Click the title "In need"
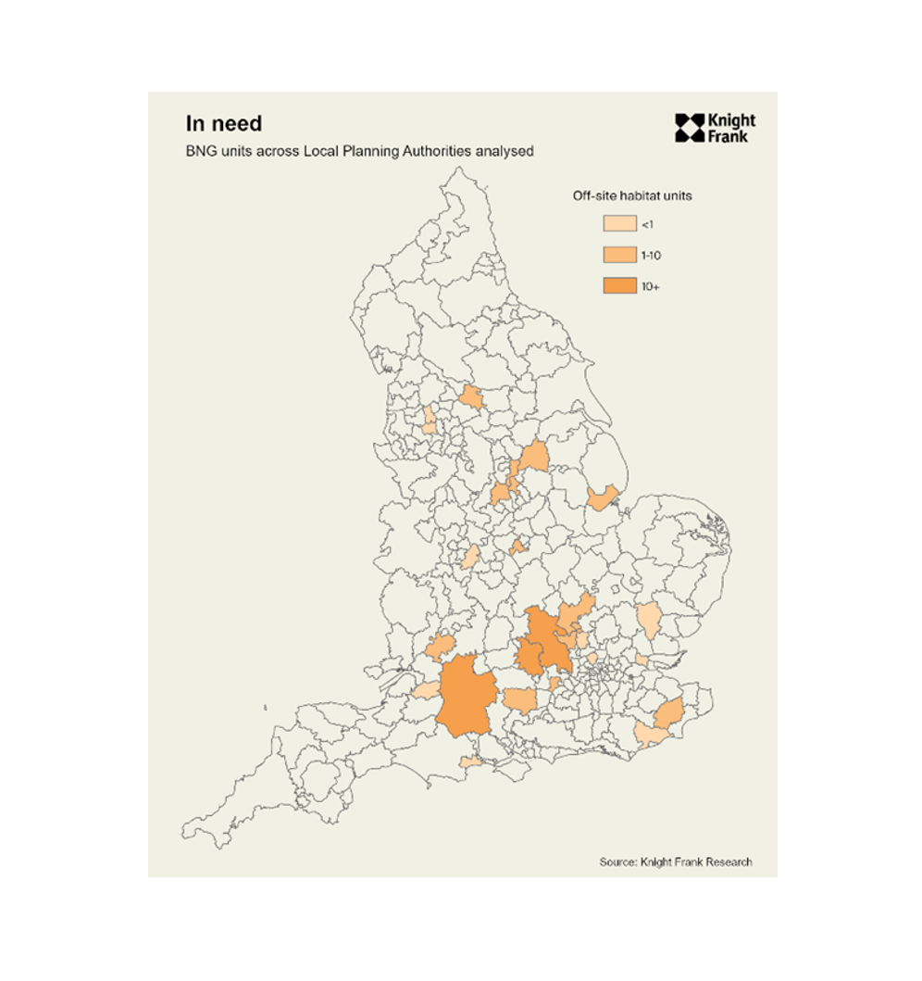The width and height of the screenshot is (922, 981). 224,124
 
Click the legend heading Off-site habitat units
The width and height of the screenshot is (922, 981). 631,196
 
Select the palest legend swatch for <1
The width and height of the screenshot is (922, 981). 619,223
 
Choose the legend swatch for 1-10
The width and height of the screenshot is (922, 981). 619,255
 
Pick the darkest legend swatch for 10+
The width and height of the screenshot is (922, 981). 619,286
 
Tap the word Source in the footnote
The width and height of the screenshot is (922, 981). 617,862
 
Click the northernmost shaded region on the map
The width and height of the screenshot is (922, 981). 471,398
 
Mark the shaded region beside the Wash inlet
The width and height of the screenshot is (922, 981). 603,497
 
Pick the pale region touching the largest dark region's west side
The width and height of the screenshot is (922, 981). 425,690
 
